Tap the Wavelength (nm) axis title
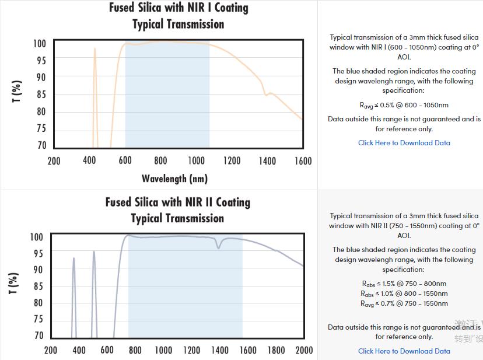[174, 179]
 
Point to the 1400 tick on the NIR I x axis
[267, 161]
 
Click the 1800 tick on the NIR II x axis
[276, 350]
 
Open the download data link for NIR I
[404, 143]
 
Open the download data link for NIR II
[404, 351]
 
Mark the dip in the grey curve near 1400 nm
[219, 247]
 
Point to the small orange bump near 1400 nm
[269, 93]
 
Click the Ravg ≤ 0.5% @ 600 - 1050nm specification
[404, 106]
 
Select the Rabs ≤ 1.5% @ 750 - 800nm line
[404, 284]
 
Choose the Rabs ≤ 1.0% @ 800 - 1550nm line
[404, 294]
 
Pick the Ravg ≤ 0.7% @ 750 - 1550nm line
[404, 304]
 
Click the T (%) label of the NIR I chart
[17, 92]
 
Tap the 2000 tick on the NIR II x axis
[304, 350]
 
